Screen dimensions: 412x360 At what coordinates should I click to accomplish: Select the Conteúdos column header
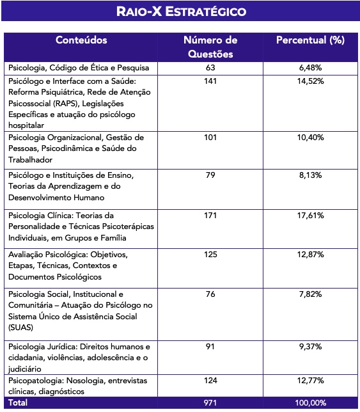[81, 40]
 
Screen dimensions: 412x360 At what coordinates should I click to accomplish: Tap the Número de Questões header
[210, 47]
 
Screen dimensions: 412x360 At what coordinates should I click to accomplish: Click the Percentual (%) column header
[310, 40]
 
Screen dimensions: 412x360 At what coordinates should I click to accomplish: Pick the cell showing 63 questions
[210, 67]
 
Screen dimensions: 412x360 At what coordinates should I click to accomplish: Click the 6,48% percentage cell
[310, 67]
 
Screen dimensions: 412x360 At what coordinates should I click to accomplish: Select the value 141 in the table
[210, 81]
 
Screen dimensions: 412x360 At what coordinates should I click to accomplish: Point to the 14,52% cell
[310, 81]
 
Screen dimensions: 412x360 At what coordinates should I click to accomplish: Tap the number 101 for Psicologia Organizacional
[210, 138]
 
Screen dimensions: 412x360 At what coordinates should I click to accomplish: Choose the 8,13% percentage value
[310, 175]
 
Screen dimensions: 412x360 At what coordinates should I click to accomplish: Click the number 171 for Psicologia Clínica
[210, 216]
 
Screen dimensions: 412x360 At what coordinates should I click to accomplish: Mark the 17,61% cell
[310, 216]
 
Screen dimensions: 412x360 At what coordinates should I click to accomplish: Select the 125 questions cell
[210, 255]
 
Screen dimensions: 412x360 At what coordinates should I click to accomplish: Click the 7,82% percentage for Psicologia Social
[310, 294]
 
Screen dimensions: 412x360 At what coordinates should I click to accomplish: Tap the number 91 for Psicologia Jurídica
[210, 346]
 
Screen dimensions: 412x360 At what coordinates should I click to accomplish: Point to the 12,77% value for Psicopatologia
[310, 381]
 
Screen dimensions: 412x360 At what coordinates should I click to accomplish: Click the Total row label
[18, 403]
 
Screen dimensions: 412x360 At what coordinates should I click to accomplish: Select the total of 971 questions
[210, 403]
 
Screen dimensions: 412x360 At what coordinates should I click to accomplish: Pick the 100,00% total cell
[310, 403]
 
